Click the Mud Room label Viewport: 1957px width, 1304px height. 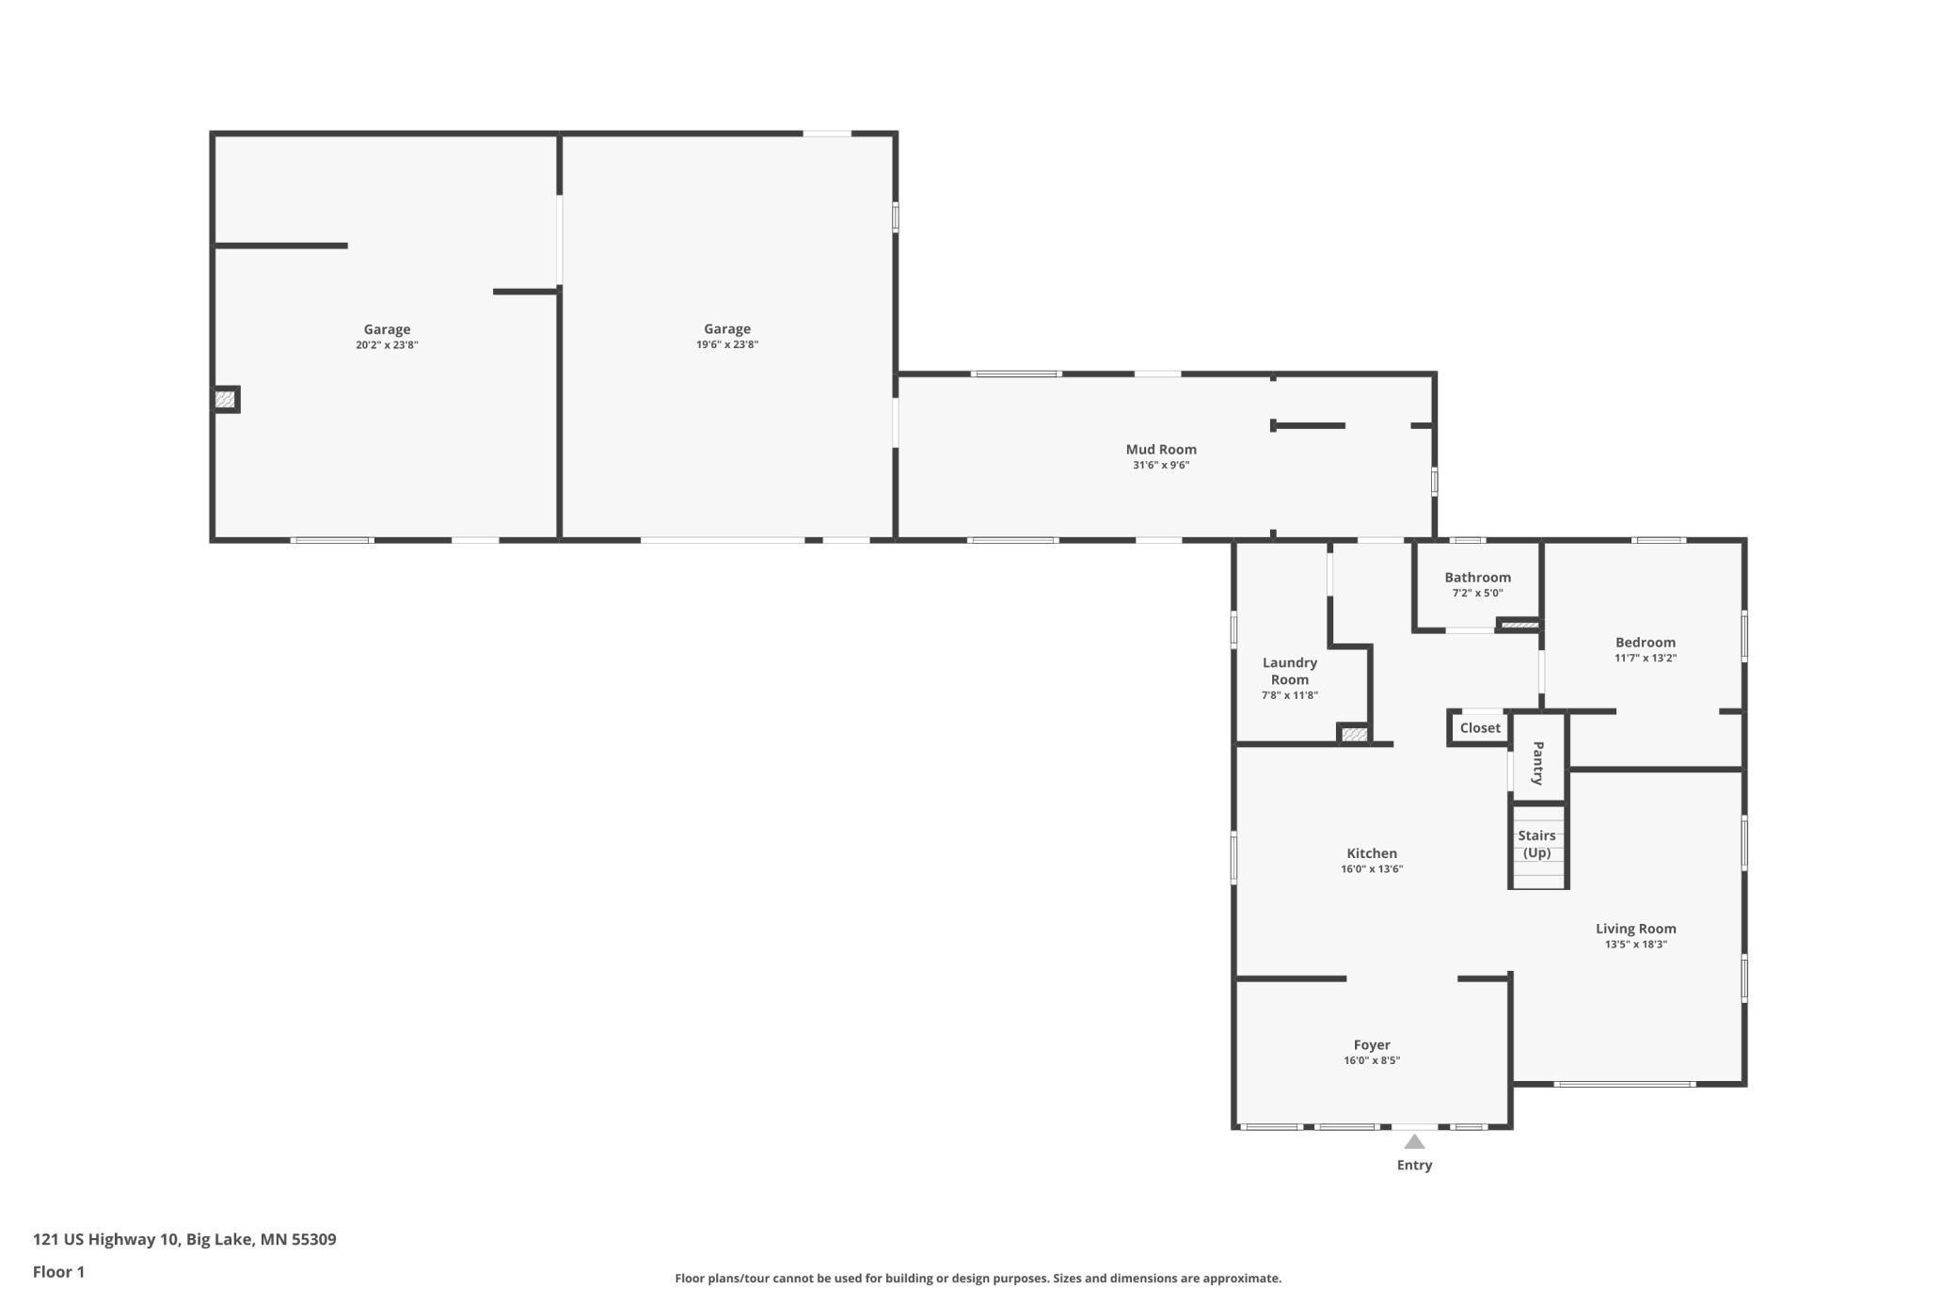pyautogui.click(x=1161, y=450)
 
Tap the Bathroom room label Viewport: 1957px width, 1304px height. pyautogui.click(x=1477, y=578)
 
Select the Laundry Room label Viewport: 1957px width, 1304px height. pyautogui.click(x=1289, y=671)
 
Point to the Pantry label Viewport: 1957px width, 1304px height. pyautogui.click(x=1537, y=763)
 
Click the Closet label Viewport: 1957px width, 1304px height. pyautogui.click(x=1480, y=728)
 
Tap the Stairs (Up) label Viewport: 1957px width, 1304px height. pyautogui.click(x=1536, y=844)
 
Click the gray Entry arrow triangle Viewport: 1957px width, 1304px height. pyautogui.click(x=1414, y=1141)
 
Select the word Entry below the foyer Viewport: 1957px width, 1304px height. pyautogui.click(x=1414, y=1165)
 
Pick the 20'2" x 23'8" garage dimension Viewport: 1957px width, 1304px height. pyautogui.click(x=387, y=345)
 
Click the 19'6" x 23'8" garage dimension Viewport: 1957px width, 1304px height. pyautogui.click(x=727, y=344)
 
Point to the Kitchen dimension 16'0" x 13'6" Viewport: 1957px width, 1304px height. pyautogui.click(x=1372, y=869)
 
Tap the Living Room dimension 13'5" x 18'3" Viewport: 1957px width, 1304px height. pyautogui.click(x=1636, y=945)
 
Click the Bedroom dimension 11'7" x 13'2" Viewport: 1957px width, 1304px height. pyautogui.click(x=1646, y=659)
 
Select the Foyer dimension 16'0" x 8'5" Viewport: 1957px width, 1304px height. pyautogui.click(x=1372, y=1061)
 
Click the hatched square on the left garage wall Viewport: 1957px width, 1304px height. pyautogui.click(x=225, y=400)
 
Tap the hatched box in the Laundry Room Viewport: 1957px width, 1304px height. pyautogui.click(x=1354, y=734)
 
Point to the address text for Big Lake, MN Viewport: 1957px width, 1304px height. pyautogui.click(x=184, y=1239)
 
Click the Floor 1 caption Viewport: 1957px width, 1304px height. pyautogui.click(x=58, y=1272)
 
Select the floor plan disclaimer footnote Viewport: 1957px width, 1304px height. pyautogui.click(x=978, y=1279)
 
